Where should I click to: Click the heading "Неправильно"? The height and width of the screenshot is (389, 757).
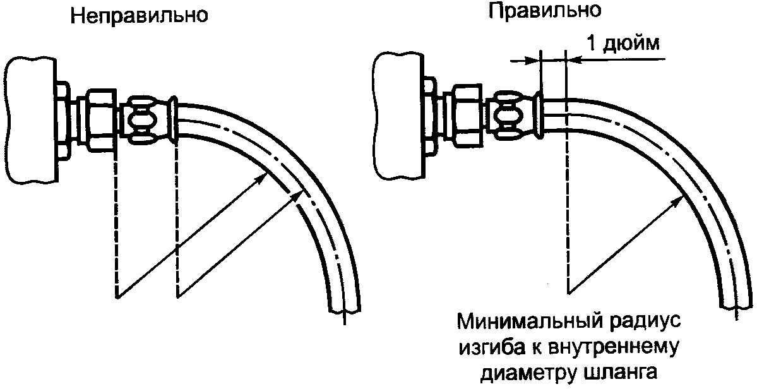click(x=140, y=16)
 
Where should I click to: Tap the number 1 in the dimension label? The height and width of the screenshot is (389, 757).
click(x=592, y=44)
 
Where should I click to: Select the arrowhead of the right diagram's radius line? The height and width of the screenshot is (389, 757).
click(x=680, y=199)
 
